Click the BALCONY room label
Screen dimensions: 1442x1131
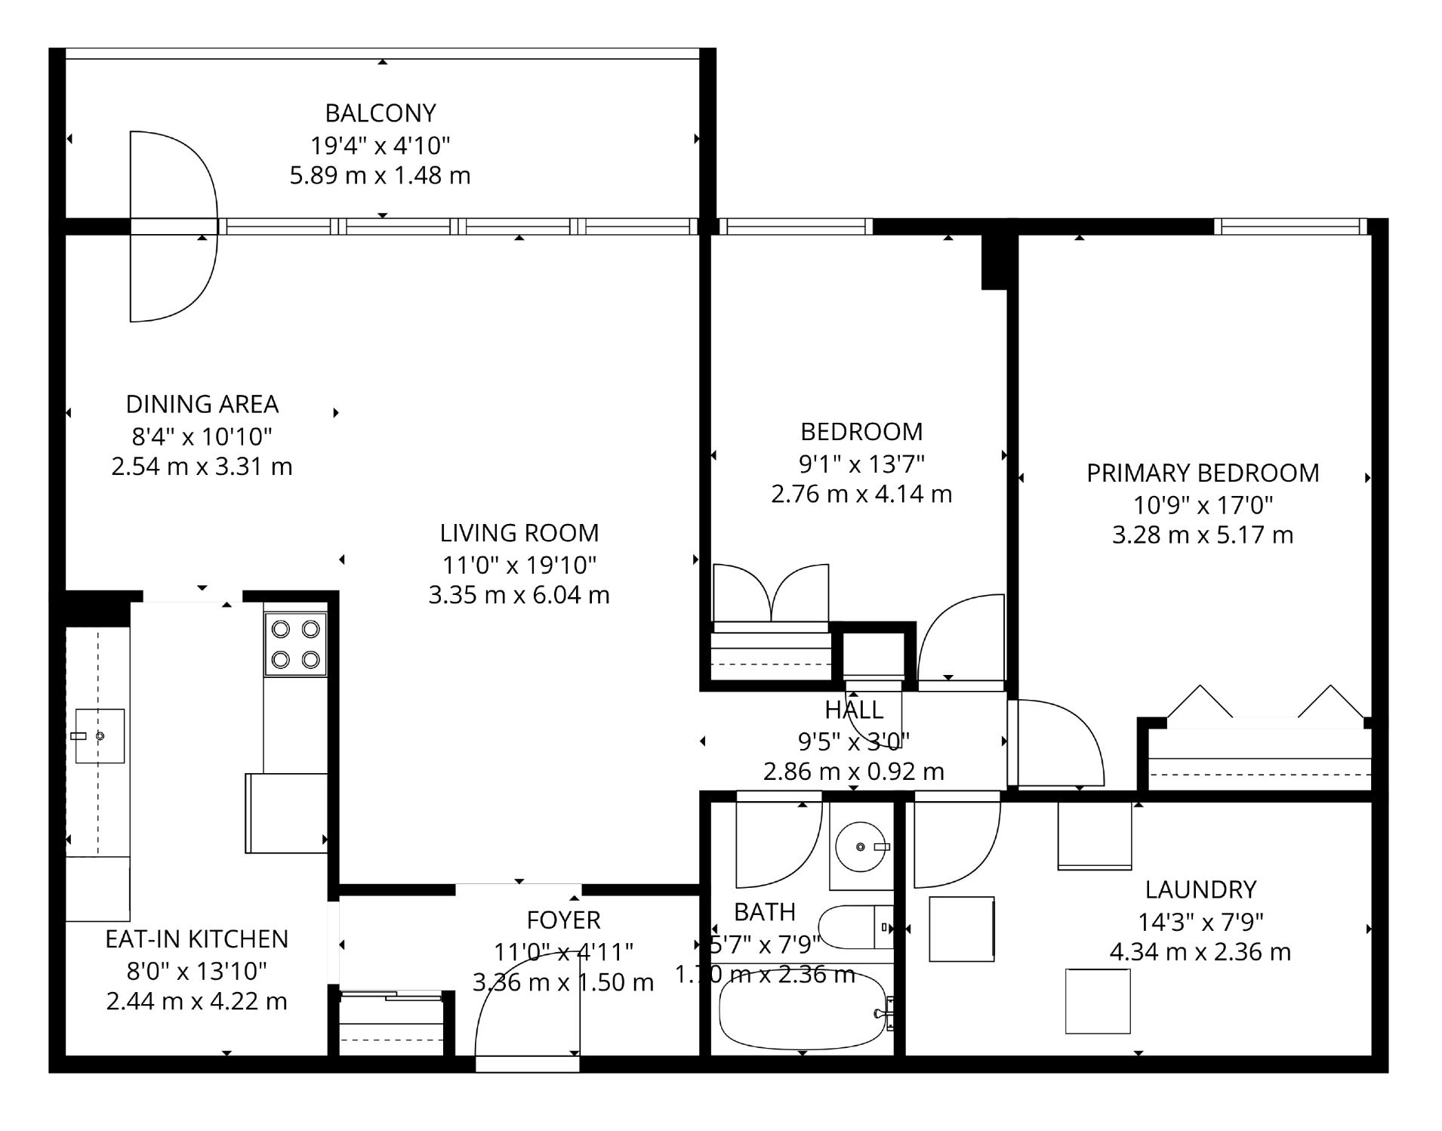point(381,113)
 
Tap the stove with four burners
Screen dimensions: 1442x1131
point(295,644)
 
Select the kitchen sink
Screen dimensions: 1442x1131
point(100,736)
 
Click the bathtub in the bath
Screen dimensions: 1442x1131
point(802,1009)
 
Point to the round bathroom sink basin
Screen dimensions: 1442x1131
point(861,847)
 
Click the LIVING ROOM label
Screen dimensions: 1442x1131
point(519,533)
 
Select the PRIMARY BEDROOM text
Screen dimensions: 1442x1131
point(1203,473)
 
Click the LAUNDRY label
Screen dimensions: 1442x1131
point(1200,890)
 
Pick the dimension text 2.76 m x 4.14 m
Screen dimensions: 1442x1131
point(861,495)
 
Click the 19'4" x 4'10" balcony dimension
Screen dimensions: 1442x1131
point(381,145)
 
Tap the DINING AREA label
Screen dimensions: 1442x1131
point(202,405)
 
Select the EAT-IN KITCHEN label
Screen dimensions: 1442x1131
point(197,939)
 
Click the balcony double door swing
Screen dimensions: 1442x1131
point(174,227)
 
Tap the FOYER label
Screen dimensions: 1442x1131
point(563,920)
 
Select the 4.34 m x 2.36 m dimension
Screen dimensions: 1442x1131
point(1200,952)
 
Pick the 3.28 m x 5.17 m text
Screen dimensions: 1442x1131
point(1203,535)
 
